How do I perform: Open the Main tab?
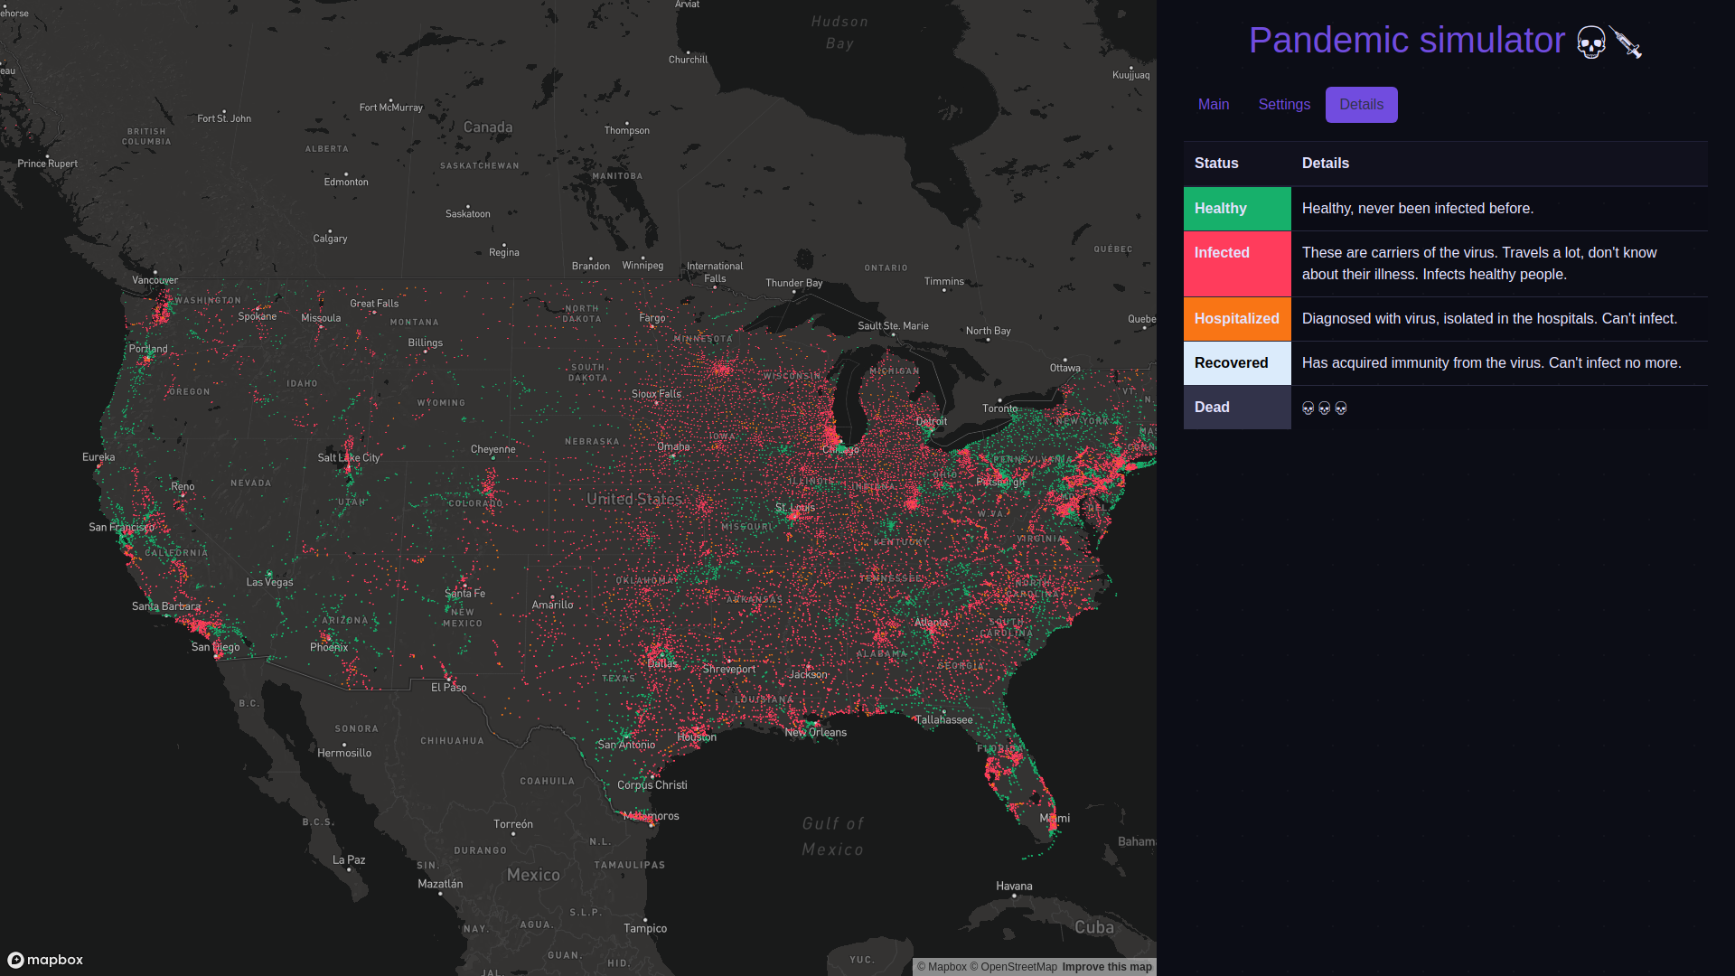(x=1214, y=105)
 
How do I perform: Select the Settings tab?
(x=1284, y=105)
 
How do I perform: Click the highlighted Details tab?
(x=1361, y=105)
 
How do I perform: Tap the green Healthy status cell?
(x=1237, y=209)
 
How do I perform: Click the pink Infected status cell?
(x=1237, y=263)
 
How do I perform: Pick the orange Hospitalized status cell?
(x=1237, y=319)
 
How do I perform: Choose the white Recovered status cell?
(x=1237, y=363)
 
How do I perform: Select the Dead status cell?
(x=1237, y=408)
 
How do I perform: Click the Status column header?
(x=1216, y=164)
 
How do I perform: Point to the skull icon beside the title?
(x=1591, y=42)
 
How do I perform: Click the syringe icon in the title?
(x=1626, y=42)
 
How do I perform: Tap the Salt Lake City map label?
(x=349, y=458)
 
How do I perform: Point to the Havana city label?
(x=1014, y=887)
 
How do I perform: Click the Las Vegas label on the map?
(x=269, y=582)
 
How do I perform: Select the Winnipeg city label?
(x=642, y=266)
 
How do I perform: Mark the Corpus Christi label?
(x=652, y=785)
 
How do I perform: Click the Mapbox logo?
(x=46, y=960)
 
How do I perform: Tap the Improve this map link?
(x=1107, y=967)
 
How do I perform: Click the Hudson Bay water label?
(x=839, y=33)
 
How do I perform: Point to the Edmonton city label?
(x=346, y=182)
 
